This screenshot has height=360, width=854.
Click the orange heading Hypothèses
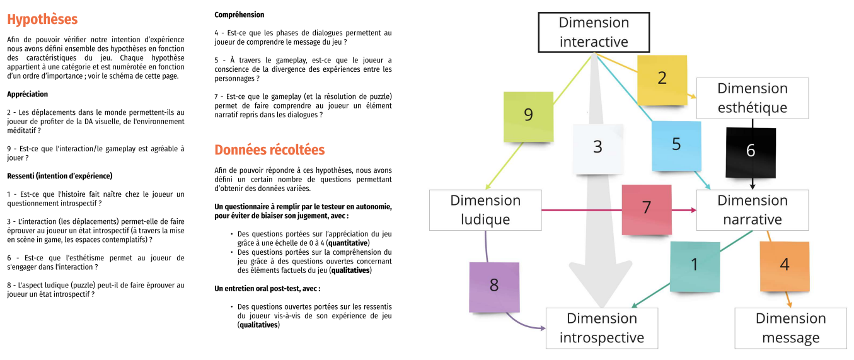[x=42, y=19]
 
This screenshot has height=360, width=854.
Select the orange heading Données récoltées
[x=269, y=150]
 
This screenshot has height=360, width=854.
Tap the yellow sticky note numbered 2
[x=661, y=79]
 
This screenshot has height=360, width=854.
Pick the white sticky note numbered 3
[x=597, y=148]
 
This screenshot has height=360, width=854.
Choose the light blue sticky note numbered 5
[x=676, y=144]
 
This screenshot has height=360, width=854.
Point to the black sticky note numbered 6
[x=751, y=151]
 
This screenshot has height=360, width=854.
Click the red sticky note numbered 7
[x=646, y=209]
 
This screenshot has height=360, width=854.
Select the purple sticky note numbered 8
[x=494, y=286]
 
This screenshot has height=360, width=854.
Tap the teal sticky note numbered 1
[x=695, y=265]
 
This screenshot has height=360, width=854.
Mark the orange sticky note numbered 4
[x=784, y=265]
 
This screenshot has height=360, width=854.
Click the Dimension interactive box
[x=594, y=32]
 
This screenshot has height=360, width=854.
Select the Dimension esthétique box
[x=752, y=98]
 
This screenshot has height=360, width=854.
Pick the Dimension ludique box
[x=485, y=210]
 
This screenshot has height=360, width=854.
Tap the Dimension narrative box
[x=752, y=210]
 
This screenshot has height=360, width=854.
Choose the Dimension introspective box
[x=601, y=328]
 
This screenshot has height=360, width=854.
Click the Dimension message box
[x=790, y=328]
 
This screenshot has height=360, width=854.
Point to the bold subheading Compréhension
[x=239, y=15]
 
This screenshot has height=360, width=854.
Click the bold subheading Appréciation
[x=27, y=94]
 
